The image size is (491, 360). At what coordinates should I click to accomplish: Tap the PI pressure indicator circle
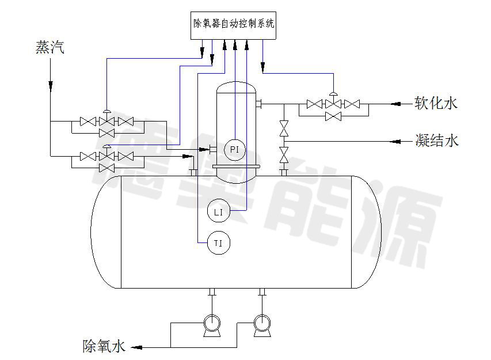tap(234, 149)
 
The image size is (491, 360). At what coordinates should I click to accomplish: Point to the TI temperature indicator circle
tap(219, 243)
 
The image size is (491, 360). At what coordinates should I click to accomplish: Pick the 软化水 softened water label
tap(436, 104)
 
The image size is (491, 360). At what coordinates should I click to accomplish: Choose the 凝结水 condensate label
tap(437, 140)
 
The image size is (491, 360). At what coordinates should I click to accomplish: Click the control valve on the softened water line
tap(333, 103)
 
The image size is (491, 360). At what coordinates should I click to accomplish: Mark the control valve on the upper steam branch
tap(106, 120)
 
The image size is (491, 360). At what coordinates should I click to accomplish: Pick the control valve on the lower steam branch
tap(106, 156)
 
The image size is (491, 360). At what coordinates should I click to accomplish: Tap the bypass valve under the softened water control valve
tap(333, 116)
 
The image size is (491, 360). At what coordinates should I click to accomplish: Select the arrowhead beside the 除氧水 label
tap(136, 347)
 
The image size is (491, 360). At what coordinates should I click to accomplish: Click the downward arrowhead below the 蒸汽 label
tap(50, 85)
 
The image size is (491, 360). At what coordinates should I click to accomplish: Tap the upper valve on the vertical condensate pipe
tap(284, 128)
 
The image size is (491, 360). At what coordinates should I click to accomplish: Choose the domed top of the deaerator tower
tap(236, 86)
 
